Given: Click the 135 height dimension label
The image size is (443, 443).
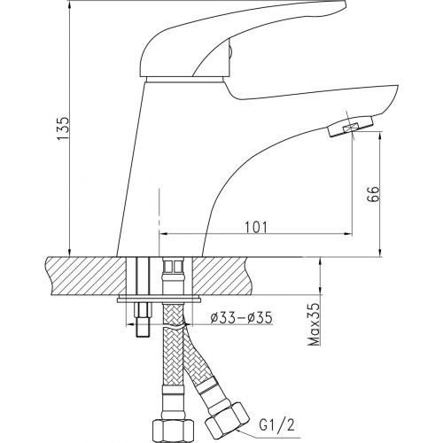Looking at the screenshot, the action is (x=63, y=128).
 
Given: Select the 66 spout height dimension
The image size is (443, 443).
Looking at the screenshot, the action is (x=373, y=194).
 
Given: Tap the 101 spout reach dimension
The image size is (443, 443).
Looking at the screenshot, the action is (x=256, y=227).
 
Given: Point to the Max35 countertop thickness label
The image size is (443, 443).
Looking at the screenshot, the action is (x=314, y=324).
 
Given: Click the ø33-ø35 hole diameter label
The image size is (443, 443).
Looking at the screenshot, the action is (x=241, y=318).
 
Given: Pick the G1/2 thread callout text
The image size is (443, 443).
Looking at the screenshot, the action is (x=277, y=426).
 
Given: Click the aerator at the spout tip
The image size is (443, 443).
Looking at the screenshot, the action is (x=350, y=127).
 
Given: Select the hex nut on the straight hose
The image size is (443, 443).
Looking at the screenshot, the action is (x=173, y=431).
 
